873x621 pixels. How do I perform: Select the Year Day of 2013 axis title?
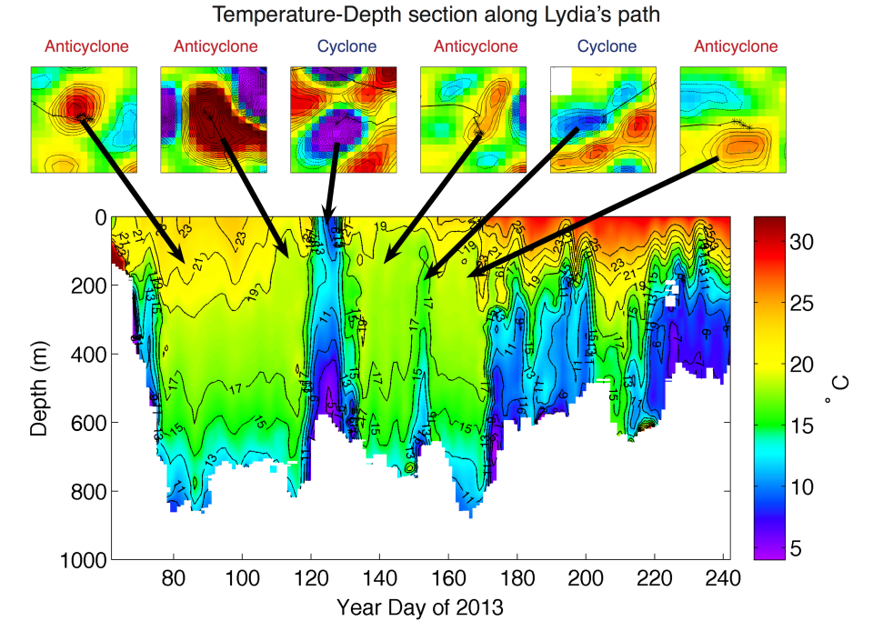click(x=419, y=606)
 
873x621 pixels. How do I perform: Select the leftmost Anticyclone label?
click(x=85, y=46)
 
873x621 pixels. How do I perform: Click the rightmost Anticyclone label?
click(x=736, y=46)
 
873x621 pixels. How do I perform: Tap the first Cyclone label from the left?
click(x=346, y=46)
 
